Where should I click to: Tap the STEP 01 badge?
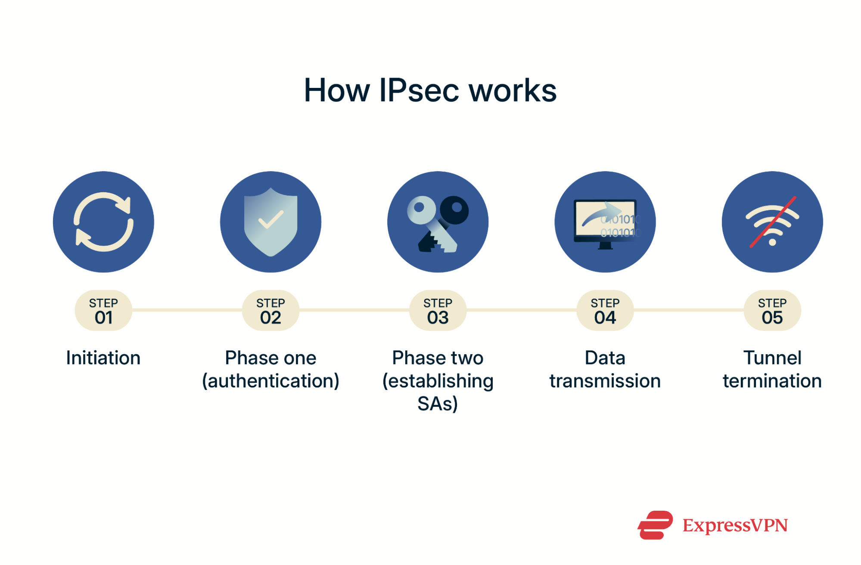(x=103, y=311)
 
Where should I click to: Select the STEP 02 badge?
(x=270, y=311)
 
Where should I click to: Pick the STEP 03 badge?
(x=438, y=311)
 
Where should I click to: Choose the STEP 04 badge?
(x=605, y=311)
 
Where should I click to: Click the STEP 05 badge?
(x=772, y=311)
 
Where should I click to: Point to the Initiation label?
(x=103, y=358)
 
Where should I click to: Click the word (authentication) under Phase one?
(x=270, y=381)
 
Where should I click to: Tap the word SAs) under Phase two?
(x=438, y=404)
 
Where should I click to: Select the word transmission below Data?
(x=605, y=381)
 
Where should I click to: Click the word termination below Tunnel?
(x=772, y=381)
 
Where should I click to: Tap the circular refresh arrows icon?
(x=103, y=222)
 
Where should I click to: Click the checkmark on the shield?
(x=270, y=219)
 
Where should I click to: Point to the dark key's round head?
(x=454, y=209)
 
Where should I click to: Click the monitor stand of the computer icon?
(x=605, y=246)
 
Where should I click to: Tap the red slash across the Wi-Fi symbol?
(x=772, y=222)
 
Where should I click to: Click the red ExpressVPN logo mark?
(x=655, y=525)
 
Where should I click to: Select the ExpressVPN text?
(x=735, y=525)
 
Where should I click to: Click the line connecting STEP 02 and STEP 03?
(x=354, y=310)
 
